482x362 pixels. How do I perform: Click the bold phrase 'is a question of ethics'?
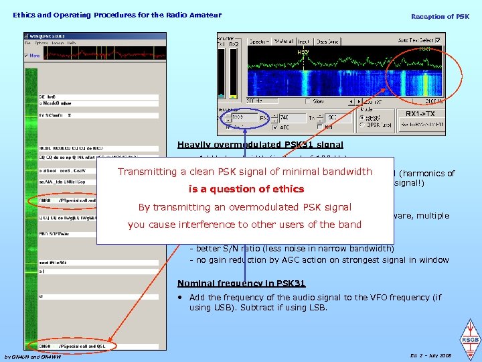tap(247, 188)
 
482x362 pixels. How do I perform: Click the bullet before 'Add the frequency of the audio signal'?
tap(181, 298)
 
